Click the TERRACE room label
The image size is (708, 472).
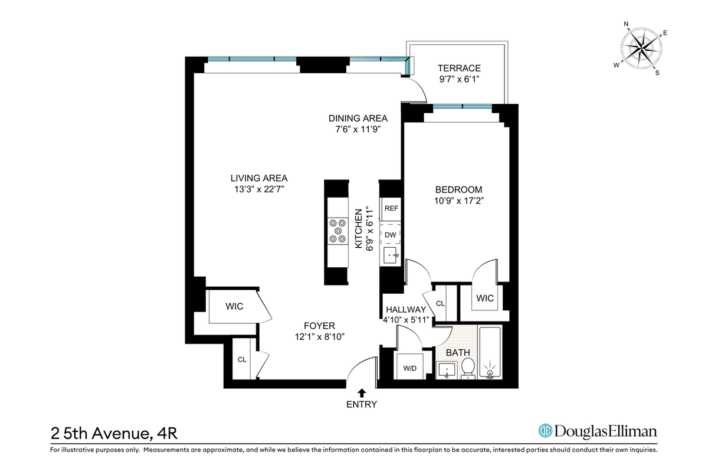459,68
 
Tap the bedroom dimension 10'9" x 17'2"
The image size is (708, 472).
459,201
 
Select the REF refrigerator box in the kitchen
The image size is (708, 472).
391,209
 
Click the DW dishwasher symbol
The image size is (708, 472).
391,235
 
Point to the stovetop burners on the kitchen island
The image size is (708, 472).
337,231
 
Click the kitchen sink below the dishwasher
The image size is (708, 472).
391,255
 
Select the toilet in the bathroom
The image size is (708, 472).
468,368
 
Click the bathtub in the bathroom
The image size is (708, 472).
490,352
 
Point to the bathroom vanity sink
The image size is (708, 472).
447,371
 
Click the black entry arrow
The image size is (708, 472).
362,393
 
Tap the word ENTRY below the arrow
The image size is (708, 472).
362,404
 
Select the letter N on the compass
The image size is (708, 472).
626,24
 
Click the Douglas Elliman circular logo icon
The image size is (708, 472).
545,431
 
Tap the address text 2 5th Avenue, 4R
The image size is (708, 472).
114,434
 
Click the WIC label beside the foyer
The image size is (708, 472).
234,306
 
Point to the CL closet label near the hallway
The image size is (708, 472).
440,303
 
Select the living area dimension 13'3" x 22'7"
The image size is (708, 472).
259,189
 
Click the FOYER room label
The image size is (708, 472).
319,326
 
